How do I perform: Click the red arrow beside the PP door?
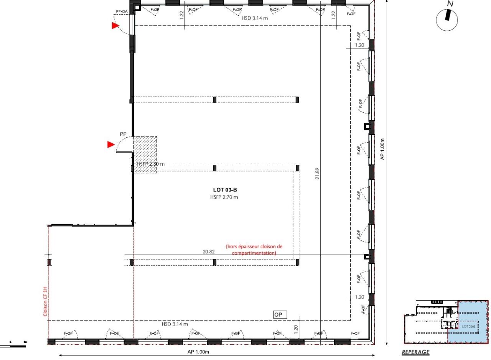(x=111, y=145)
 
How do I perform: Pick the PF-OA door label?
(x=122, y=12)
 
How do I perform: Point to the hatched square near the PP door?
(x=145, y=155)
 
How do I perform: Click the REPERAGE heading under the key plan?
(x=415, y=352)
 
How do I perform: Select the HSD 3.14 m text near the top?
(x=254, y=18)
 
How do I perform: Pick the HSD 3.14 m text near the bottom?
(x=175, y=324)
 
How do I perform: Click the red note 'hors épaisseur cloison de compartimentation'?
(x=254, y=250)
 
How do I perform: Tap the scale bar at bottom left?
(x=17, y=345)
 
